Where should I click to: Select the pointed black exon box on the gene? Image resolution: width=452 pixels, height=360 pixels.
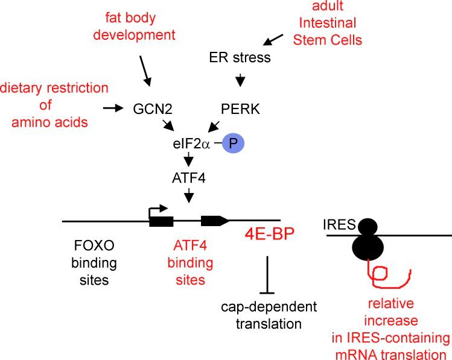coord(214,221)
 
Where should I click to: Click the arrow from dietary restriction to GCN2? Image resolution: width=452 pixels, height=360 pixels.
coord(112,108)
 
